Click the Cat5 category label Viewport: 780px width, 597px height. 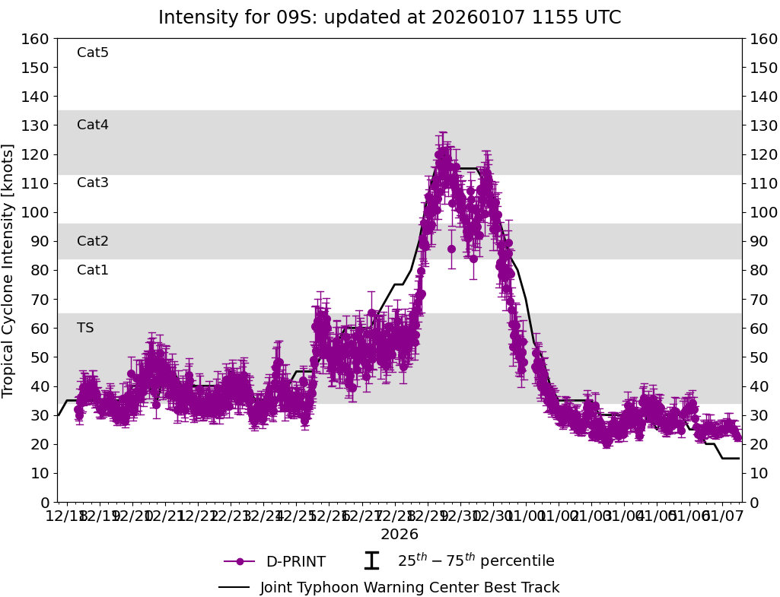click(x=93, y=52)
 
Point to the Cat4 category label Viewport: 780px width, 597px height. click(x=93, y=125)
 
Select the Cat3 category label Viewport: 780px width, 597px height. click(x=93, y=183)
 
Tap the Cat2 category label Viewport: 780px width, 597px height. click(x=93, y=241)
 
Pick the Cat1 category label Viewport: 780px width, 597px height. click(x=93, y=270)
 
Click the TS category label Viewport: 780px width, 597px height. click(x=85, y=328)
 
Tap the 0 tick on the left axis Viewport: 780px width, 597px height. click(x=45, y=502)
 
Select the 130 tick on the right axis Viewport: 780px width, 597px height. click(x=762, y=125)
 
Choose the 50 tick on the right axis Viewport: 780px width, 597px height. click(x=759, y=357)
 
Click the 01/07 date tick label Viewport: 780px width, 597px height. click(x=723, y=517)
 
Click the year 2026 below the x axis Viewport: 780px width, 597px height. click(x=400, y=535)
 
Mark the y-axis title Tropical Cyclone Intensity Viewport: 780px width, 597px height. click(x=8, y=270)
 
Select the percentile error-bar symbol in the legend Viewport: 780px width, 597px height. click(x=371, y=561)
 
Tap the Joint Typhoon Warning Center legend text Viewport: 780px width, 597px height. click(x=409, y=588)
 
